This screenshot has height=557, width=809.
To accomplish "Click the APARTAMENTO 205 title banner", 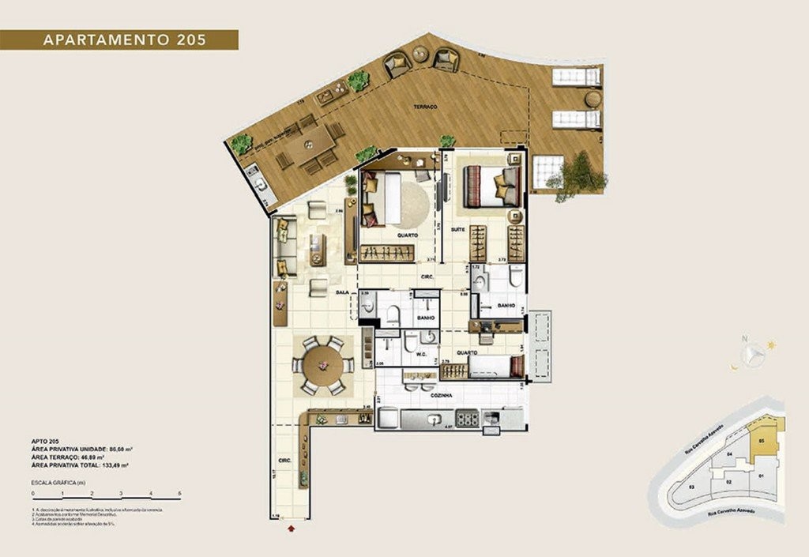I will (x=119, y=40).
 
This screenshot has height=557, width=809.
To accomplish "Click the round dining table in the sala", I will (x=322, y=365).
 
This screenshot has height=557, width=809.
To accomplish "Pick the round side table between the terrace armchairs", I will (x=420, y=55).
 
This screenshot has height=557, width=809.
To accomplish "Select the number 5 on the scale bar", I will (x=180, y=493).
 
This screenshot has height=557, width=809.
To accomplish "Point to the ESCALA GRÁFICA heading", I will (x=57, y=481).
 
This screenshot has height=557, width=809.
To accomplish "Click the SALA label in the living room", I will (x=342, y=292).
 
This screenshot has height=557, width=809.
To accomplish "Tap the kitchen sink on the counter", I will (x=433, y=420).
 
